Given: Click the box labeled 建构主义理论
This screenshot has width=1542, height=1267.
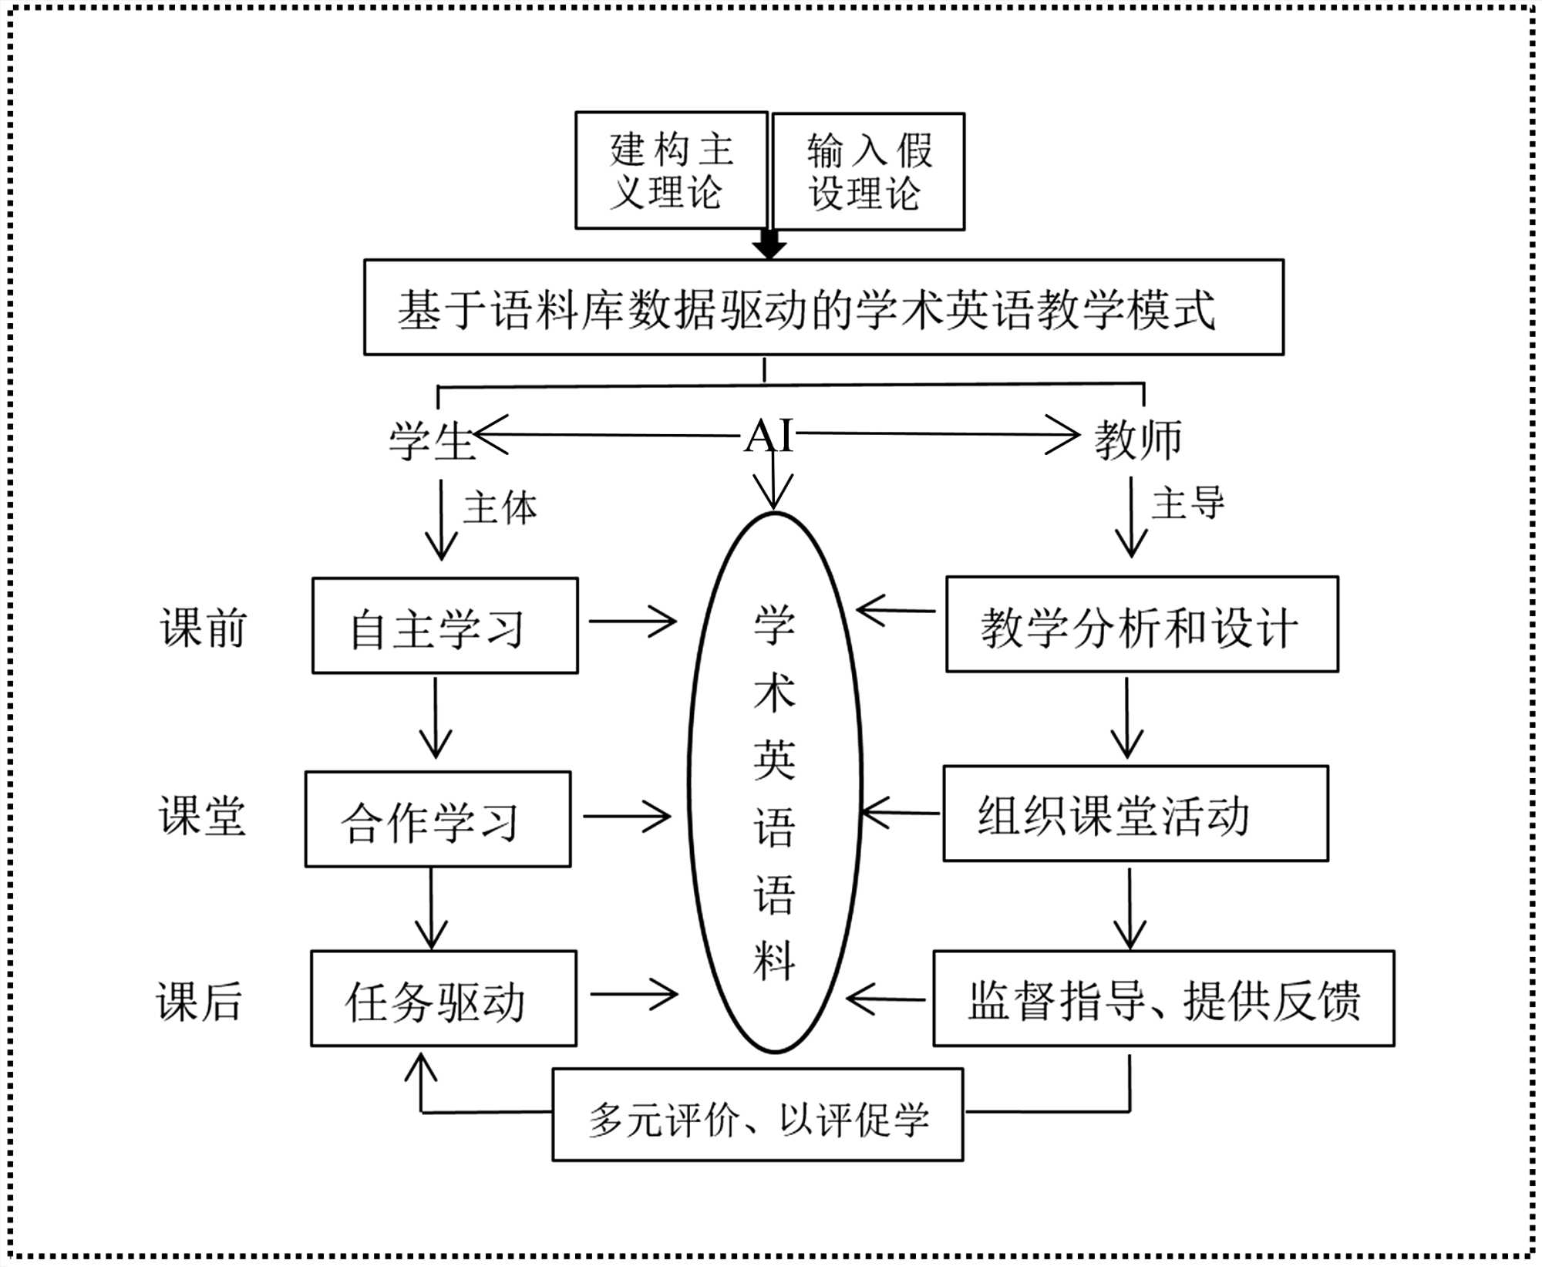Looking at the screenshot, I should [x=671, y=170].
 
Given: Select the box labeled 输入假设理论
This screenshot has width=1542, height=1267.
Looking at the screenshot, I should [x=868, y=172].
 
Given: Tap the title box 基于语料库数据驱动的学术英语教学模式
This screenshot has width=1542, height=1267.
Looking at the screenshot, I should [x=823, y=308].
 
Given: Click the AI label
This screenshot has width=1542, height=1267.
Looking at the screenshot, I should [x=769, y=436].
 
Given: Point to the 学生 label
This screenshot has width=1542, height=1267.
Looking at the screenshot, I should [x=431, y=441].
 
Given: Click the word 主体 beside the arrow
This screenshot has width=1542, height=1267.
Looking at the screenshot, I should [x=500, y=508].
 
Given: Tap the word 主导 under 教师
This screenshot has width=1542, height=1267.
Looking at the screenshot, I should [x=1187, y=504].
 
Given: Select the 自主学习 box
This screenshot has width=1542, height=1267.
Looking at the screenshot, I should [x=445, y=626].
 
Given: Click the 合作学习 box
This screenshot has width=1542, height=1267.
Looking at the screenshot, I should [x=438, y=819].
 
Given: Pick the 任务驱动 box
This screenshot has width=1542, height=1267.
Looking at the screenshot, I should [x=443, y=999].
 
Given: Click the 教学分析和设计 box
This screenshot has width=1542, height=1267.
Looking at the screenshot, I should [x=1142, y=625].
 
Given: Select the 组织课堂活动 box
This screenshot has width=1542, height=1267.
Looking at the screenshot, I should [x=1136, y=814].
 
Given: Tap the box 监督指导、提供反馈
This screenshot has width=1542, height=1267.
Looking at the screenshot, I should [x=1163, y=999].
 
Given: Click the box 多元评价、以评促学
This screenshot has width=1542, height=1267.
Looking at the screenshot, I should [x=758, y=1115].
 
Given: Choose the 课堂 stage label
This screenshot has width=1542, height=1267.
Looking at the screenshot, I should [x=202, y=815].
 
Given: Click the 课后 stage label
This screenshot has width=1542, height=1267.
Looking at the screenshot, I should [x=200, y=1002].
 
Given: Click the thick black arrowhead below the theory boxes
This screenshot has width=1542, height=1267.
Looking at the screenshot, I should [x=769, y=246].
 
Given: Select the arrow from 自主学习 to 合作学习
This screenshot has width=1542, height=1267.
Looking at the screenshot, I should [x=436, y=719].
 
